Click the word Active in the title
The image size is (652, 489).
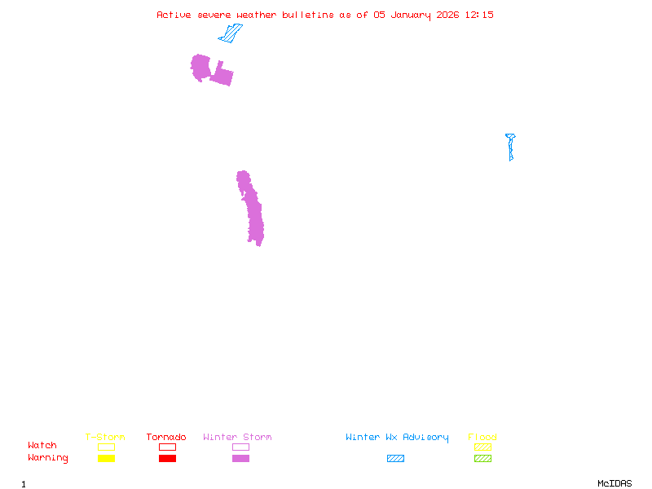tap(174, 15)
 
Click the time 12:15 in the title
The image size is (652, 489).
tap(479, 15)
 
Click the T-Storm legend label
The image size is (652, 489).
tap(105, 438)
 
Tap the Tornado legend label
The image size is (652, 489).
tap(166, 438)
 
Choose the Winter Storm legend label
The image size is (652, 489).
tap(237, 438)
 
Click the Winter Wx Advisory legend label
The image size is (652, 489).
tap(397, 438)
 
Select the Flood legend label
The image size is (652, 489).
tap(482, 438)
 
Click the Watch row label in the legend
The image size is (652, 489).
tap(42, 446)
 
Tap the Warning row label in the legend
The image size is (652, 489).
tap(48, 458)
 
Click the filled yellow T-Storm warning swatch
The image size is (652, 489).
tap(106, 459)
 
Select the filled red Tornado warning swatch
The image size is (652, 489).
tap(167, 459)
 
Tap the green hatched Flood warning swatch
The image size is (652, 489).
tap(482, 459)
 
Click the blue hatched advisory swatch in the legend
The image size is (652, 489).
tap(395, 459)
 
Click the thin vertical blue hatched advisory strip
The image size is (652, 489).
tap(511, 148)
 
